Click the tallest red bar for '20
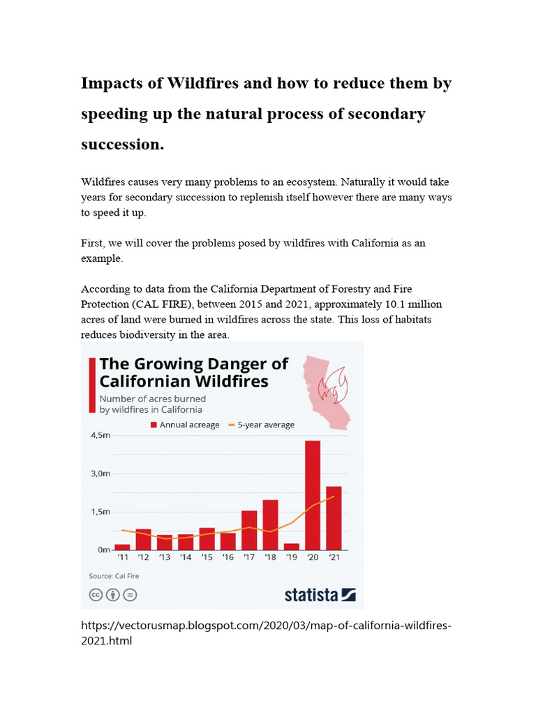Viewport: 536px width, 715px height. tap(312, 495)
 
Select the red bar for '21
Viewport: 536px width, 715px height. tap(334, 518)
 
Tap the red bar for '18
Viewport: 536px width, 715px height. tap(270, 525)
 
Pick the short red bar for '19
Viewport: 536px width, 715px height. tap(291, 546)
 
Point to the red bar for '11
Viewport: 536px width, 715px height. tap(122, 547)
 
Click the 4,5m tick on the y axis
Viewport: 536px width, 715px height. tap(100, 435)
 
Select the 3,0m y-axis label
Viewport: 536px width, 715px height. tap(100, 473)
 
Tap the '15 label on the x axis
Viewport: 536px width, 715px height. tap(207, 557)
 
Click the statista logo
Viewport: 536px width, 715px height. tap(320, 595)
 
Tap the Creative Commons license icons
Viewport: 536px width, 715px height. tap(113, 595)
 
